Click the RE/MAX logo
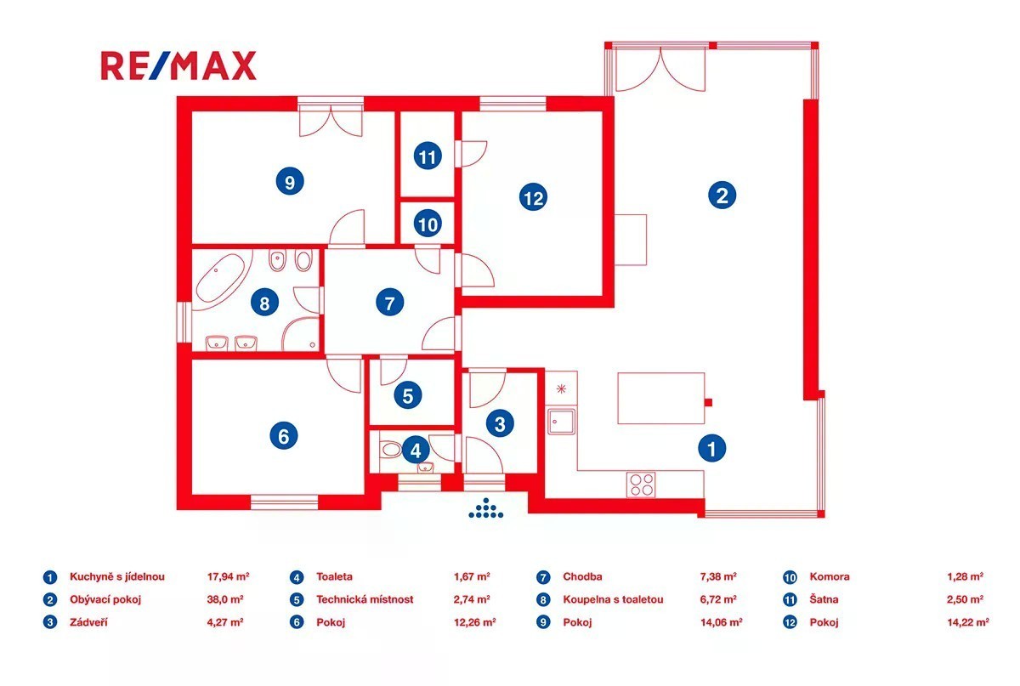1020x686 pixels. pyautogui.click(x=178, y=66)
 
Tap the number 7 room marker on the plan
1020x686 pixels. pyautogui.click(x=390, y=303)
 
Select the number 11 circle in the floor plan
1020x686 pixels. pyautogui.click(x=428, y=156)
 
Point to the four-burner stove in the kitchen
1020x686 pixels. pyautogui.click(x=641, y=485)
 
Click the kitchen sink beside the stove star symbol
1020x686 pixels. pyautogui.click(x=562, y=422)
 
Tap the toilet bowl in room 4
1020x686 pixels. pyautogui.click(x=391, y=450)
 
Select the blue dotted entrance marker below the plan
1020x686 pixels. pyautogui.click(x=486, y=508)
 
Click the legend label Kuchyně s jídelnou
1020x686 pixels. pyautogui.click(x=117, y=576)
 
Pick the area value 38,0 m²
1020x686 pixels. pyautogui.click(x=225, y=599)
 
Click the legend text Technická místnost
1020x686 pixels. pyautogui.click(x=365, y=599)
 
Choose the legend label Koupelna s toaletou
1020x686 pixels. pyautogui.click(x=613, y=599)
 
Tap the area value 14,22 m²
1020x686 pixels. pyautogui.click(x=968, y=622)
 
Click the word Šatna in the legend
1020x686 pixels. pyautogui.click(x=824, y=599)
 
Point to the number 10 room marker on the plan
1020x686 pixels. pyautogui.click(x=428, y=224)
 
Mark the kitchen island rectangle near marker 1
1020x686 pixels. pyautogui.click(x=661, y=398)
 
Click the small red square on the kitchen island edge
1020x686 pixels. pyautogui.click(x=709, y=403)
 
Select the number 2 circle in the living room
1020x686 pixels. pyautogui.click(x=722, y=196)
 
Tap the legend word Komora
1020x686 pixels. pyautogui.click(x=830, y=576)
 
